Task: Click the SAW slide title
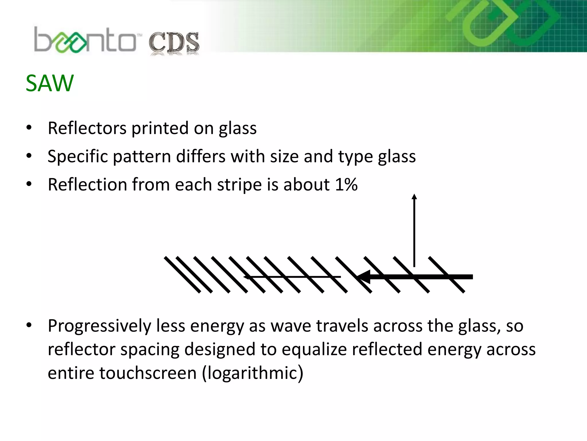click(50, 83)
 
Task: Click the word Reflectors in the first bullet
click(87, 128)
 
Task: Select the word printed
click(160, 128)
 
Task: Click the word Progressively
click(99, 326)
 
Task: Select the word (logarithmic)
click(253, 373)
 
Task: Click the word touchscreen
click(148, 373)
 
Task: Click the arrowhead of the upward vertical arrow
click(414, 197)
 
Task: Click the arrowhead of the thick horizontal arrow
click(363, 277)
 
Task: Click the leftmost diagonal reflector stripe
click(182, 275)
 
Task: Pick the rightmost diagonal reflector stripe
click(446, 275)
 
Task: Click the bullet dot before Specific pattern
click(29, 156)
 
